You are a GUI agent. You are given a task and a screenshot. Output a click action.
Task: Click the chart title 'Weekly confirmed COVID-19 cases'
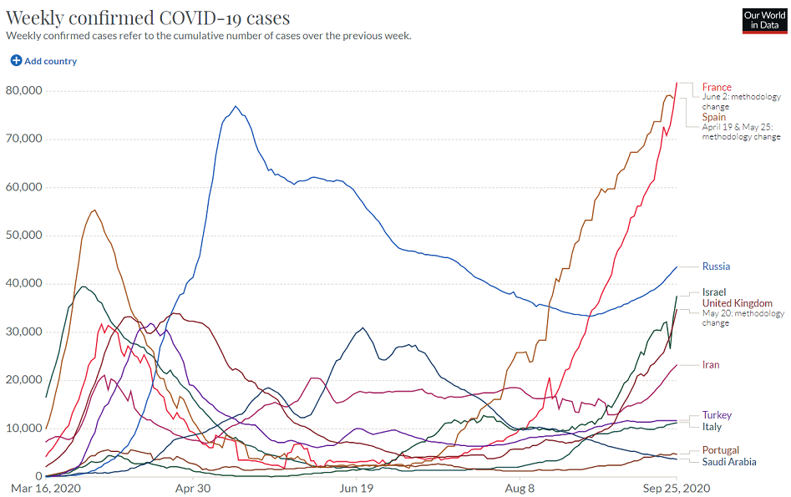pyautogui.click(x=148, y=18)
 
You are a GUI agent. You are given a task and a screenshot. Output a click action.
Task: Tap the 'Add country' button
pyautogui.click(x=43, y=61)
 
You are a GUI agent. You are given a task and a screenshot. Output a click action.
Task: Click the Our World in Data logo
pyautogui.click(x=764, y=21)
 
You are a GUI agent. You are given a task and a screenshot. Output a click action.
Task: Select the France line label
pyautogui.click(x=717, y=87)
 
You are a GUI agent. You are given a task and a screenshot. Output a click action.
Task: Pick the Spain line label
pyautogui.click(x=714, y=117)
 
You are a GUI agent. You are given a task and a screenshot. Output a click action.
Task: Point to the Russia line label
pyautogui.click(x=716, y=266)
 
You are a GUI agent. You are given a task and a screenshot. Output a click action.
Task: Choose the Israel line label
pyautogui.click(x=714, y=292)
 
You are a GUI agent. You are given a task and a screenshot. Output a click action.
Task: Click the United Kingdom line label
pyautogui.click(x=737, y=303)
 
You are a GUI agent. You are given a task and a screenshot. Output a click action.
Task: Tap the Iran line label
pyautogui.click(x=711, y=365)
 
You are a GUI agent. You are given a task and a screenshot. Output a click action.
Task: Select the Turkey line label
pyautogui.click(x=717, y=415)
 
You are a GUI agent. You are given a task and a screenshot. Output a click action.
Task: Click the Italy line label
pyautogui.click(x=712, y=427)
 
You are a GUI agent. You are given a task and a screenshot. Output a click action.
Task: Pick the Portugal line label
pyautogui.click(x=721, y=450)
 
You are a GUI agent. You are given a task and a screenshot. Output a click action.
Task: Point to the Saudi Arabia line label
pyautogui.click(x=729, y=462)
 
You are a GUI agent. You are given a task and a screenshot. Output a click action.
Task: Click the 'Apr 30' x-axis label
pyautogui.click(x=192, y=486)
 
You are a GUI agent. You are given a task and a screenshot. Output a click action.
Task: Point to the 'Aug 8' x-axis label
pyautogui.click(x=520, y=486)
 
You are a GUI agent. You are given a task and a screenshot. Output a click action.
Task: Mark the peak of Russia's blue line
pyautogui.click(x=236, y=106)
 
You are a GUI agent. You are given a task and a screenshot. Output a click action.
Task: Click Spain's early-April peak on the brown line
pyautogui.click(x=94, y=210)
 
